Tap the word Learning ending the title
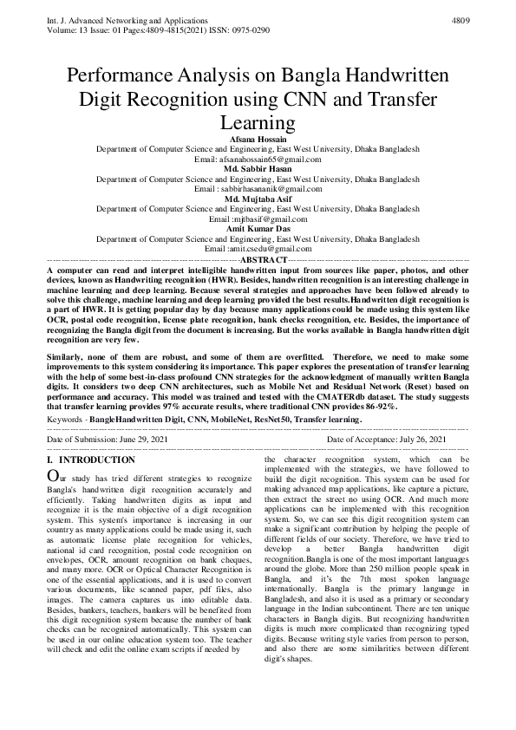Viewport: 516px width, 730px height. point(258,121)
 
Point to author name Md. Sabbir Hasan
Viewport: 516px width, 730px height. point(258,169)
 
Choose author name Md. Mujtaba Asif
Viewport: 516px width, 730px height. point(258,199)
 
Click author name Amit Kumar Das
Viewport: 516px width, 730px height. point(258,228)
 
